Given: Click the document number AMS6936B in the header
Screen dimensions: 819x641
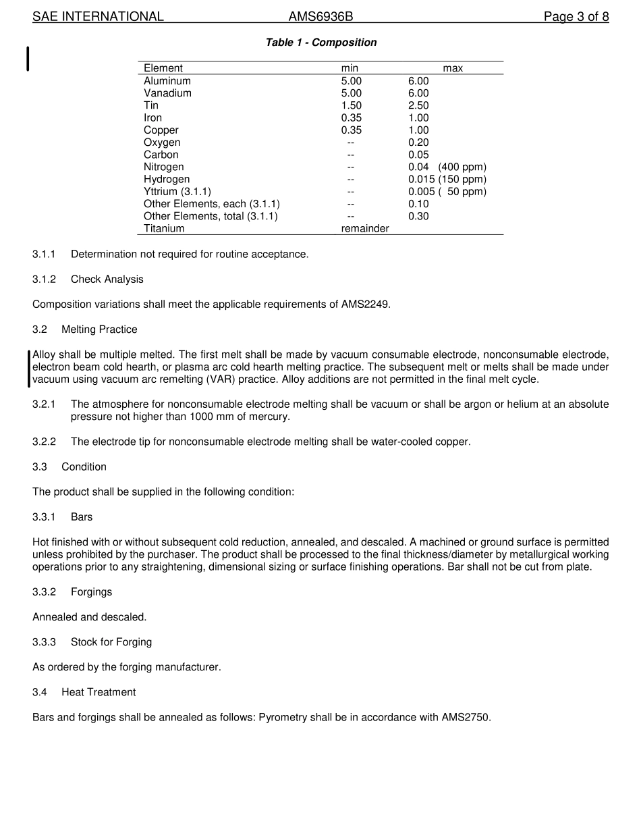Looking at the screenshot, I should pyautogui.click(x=320, y=17).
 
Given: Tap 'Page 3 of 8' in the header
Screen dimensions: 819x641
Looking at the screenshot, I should pyautogui.click(x=576, y=17).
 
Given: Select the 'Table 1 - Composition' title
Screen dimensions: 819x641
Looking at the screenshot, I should pyautogui.click(x=321, y=43).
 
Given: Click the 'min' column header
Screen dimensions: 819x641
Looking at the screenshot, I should pyautogui.click(x=350, y=68).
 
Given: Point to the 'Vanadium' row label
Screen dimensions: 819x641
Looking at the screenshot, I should pyautogui.click(x=167, y=93).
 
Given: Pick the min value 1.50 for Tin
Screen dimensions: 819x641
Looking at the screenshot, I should pyautogui.click(x=351, y=105).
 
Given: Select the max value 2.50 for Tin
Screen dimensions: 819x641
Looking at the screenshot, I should pyautogui.click(x=418, y=105).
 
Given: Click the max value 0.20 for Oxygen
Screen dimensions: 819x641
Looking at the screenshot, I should pyautogui.click(x=418, y=142).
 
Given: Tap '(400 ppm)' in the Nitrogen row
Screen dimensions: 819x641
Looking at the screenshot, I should pyautogui.click(x=462, y=167).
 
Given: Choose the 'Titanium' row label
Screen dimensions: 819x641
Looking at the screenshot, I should pyautogui.click(x=164, y=228).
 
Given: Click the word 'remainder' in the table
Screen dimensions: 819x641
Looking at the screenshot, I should pyautogui.click(x=365, y=228).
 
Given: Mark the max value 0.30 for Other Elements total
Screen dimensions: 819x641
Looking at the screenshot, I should pyautogui.click(x=418, y=216).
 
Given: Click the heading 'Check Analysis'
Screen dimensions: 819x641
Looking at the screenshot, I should pyautogui.click(x=107, y=280).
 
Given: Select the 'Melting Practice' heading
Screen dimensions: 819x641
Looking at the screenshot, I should pyautogui.click(x=99, y=329).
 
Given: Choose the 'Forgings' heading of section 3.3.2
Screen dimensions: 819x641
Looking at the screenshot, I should pyautogui.click(x=91, y=592).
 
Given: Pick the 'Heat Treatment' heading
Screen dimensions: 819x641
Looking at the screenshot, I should pyautogui.click(x=99, y=692).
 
